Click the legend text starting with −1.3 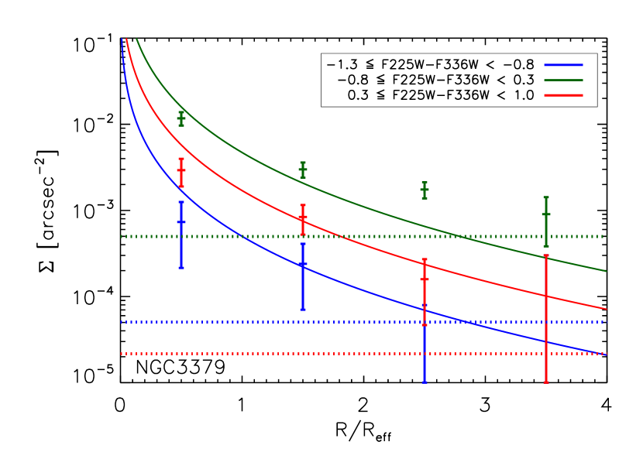[431, 64]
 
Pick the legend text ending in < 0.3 [435, 80]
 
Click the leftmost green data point [181, 118]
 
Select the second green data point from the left [303, 170]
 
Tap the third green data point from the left [425, 190]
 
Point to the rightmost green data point [546, 214]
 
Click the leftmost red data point [181, 170]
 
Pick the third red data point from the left [425, 279]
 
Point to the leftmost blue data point [181, 222]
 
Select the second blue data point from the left [303, 265]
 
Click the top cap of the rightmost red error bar [546, 255]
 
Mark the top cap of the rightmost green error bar [546, 197]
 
